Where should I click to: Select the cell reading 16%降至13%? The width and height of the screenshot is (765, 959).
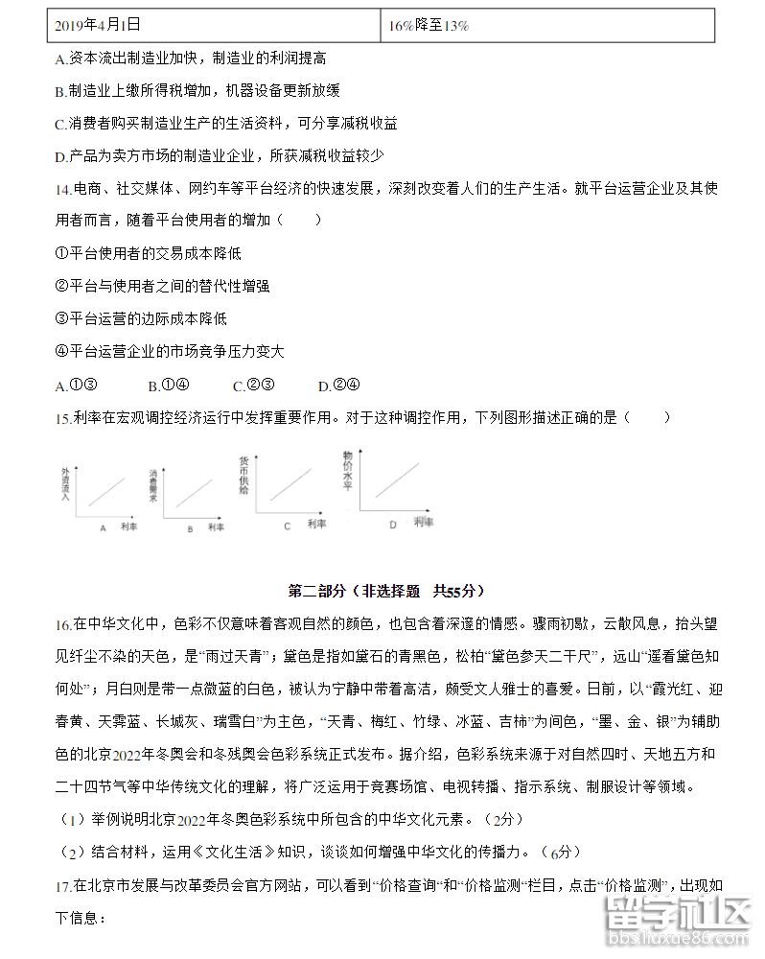tap(429, 26)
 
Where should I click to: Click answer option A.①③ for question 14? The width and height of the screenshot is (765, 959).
tap(77, 386)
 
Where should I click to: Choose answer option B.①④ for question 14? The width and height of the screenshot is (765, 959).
tap(168, 386)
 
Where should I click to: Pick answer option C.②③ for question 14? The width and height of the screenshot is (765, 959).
tap(253, 386)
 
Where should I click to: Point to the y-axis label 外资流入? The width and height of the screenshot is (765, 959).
tap(65, 484)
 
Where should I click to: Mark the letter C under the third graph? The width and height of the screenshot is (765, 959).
tap(287, 526)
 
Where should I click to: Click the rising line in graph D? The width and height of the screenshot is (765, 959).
tap(397, 479)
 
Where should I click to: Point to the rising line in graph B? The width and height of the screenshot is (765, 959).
tap(196, 490)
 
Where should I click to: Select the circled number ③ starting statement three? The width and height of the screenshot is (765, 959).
tap(62, 318)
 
